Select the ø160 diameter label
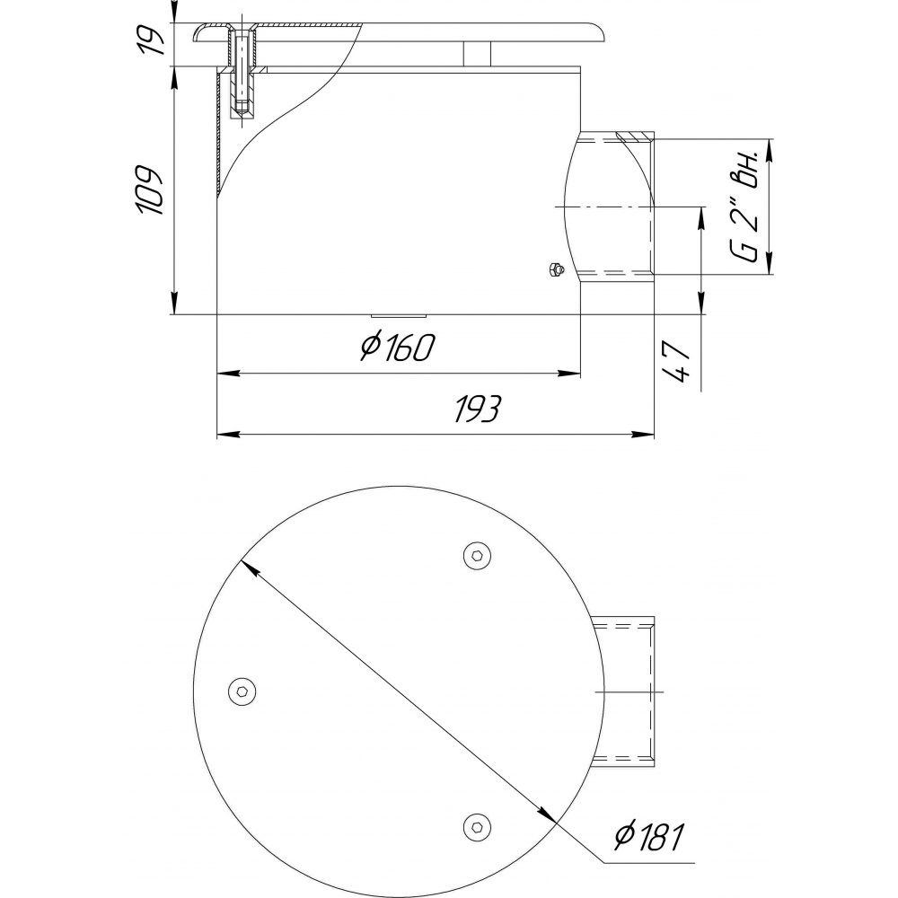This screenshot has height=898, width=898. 398,348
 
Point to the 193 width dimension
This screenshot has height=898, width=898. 478,409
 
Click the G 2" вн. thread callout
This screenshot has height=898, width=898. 746,205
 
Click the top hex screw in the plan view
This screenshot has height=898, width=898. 478,555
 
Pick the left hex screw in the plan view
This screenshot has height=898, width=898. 242,691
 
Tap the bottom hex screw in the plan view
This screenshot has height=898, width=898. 477,827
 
